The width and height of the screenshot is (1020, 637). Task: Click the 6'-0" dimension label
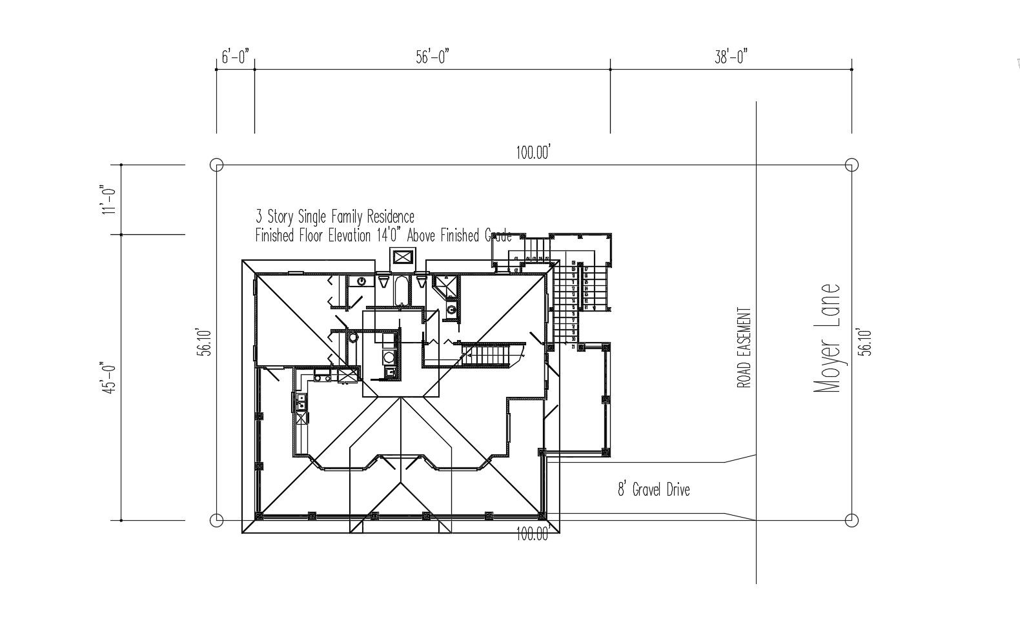point(235,57)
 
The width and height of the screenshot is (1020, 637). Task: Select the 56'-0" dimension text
point(432,57)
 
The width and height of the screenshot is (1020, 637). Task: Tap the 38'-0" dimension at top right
point(731,57)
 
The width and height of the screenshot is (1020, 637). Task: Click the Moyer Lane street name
point(826,339)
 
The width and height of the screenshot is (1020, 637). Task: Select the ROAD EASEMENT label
point(744,347)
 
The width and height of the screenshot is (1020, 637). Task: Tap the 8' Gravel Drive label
point(653,489)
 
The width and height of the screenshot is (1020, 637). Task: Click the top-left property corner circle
point(217,165)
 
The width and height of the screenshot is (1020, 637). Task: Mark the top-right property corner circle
point(852,165)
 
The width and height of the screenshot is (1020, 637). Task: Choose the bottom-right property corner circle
point(852,520)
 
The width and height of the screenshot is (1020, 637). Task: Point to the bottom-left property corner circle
point(217,520)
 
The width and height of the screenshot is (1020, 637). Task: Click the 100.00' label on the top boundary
point(533,153)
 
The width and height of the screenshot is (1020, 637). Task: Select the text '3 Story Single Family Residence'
point(334,216)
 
